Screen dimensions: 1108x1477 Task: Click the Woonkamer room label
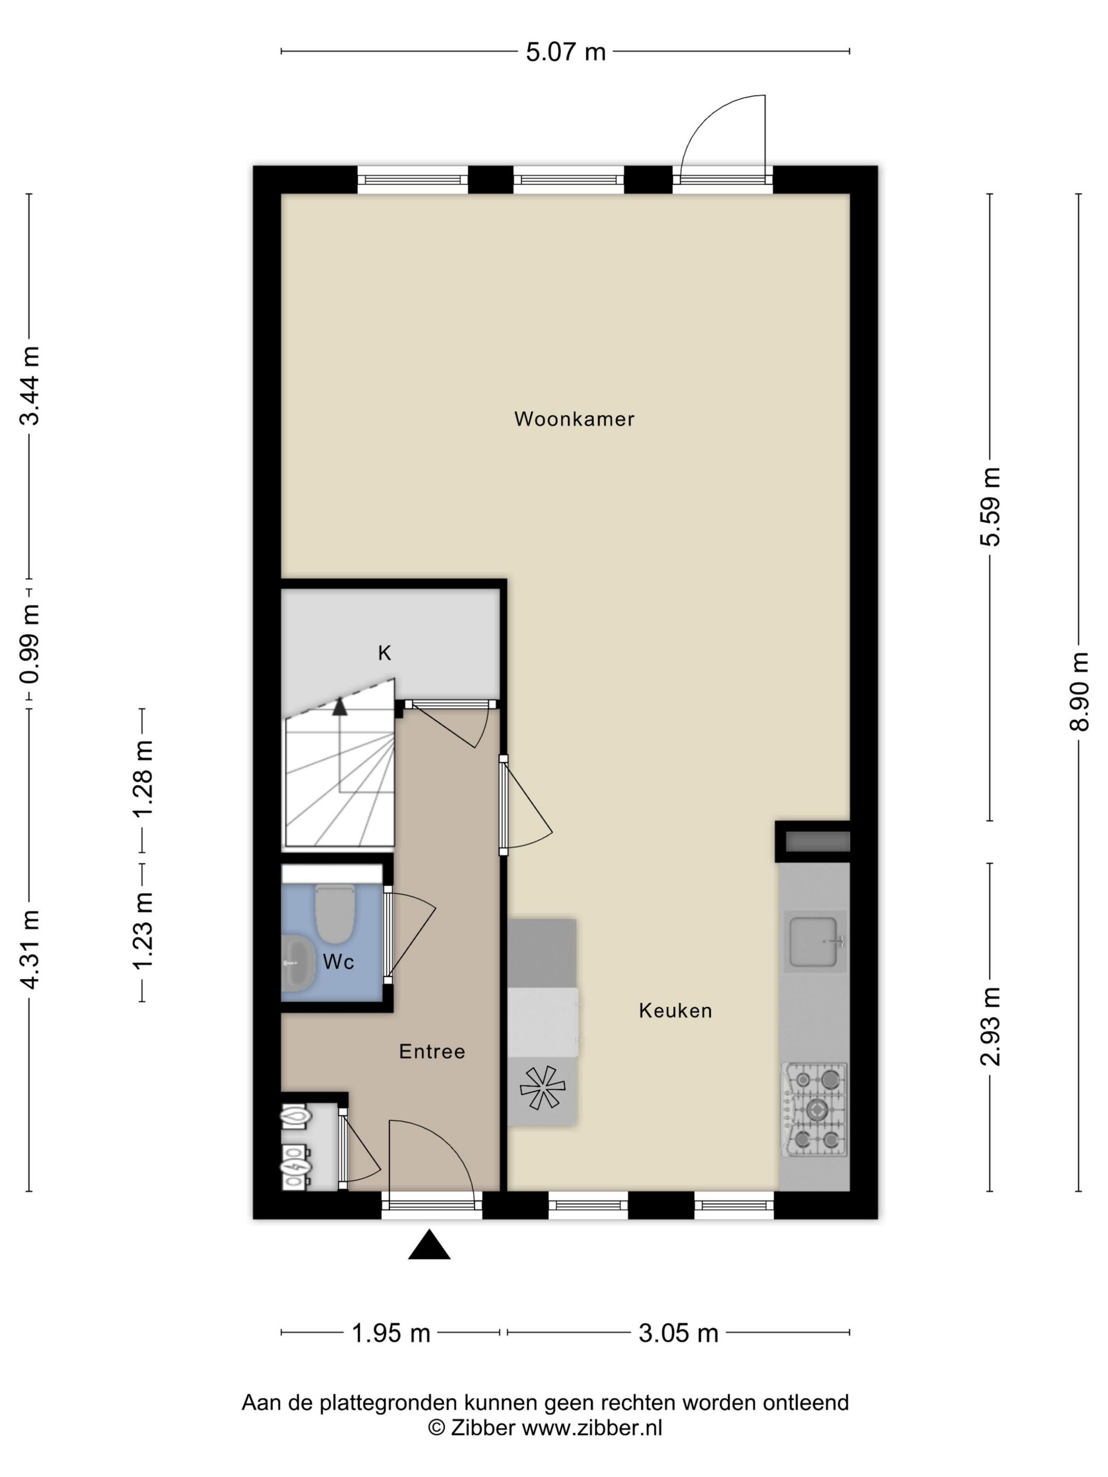pos(574,419)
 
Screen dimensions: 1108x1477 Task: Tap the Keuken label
pos(675,1010)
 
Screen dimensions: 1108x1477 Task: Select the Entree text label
pos(432,1052)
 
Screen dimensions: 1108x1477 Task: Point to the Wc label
pos(338,962)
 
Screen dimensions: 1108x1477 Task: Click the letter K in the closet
pos(384,653)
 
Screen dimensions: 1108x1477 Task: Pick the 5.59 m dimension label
pos(990,507)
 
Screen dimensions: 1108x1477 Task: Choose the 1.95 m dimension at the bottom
pos(391,1334)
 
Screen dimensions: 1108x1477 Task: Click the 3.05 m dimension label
pos(678,1334)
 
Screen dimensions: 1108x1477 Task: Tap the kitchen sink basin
pos(813,942)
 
